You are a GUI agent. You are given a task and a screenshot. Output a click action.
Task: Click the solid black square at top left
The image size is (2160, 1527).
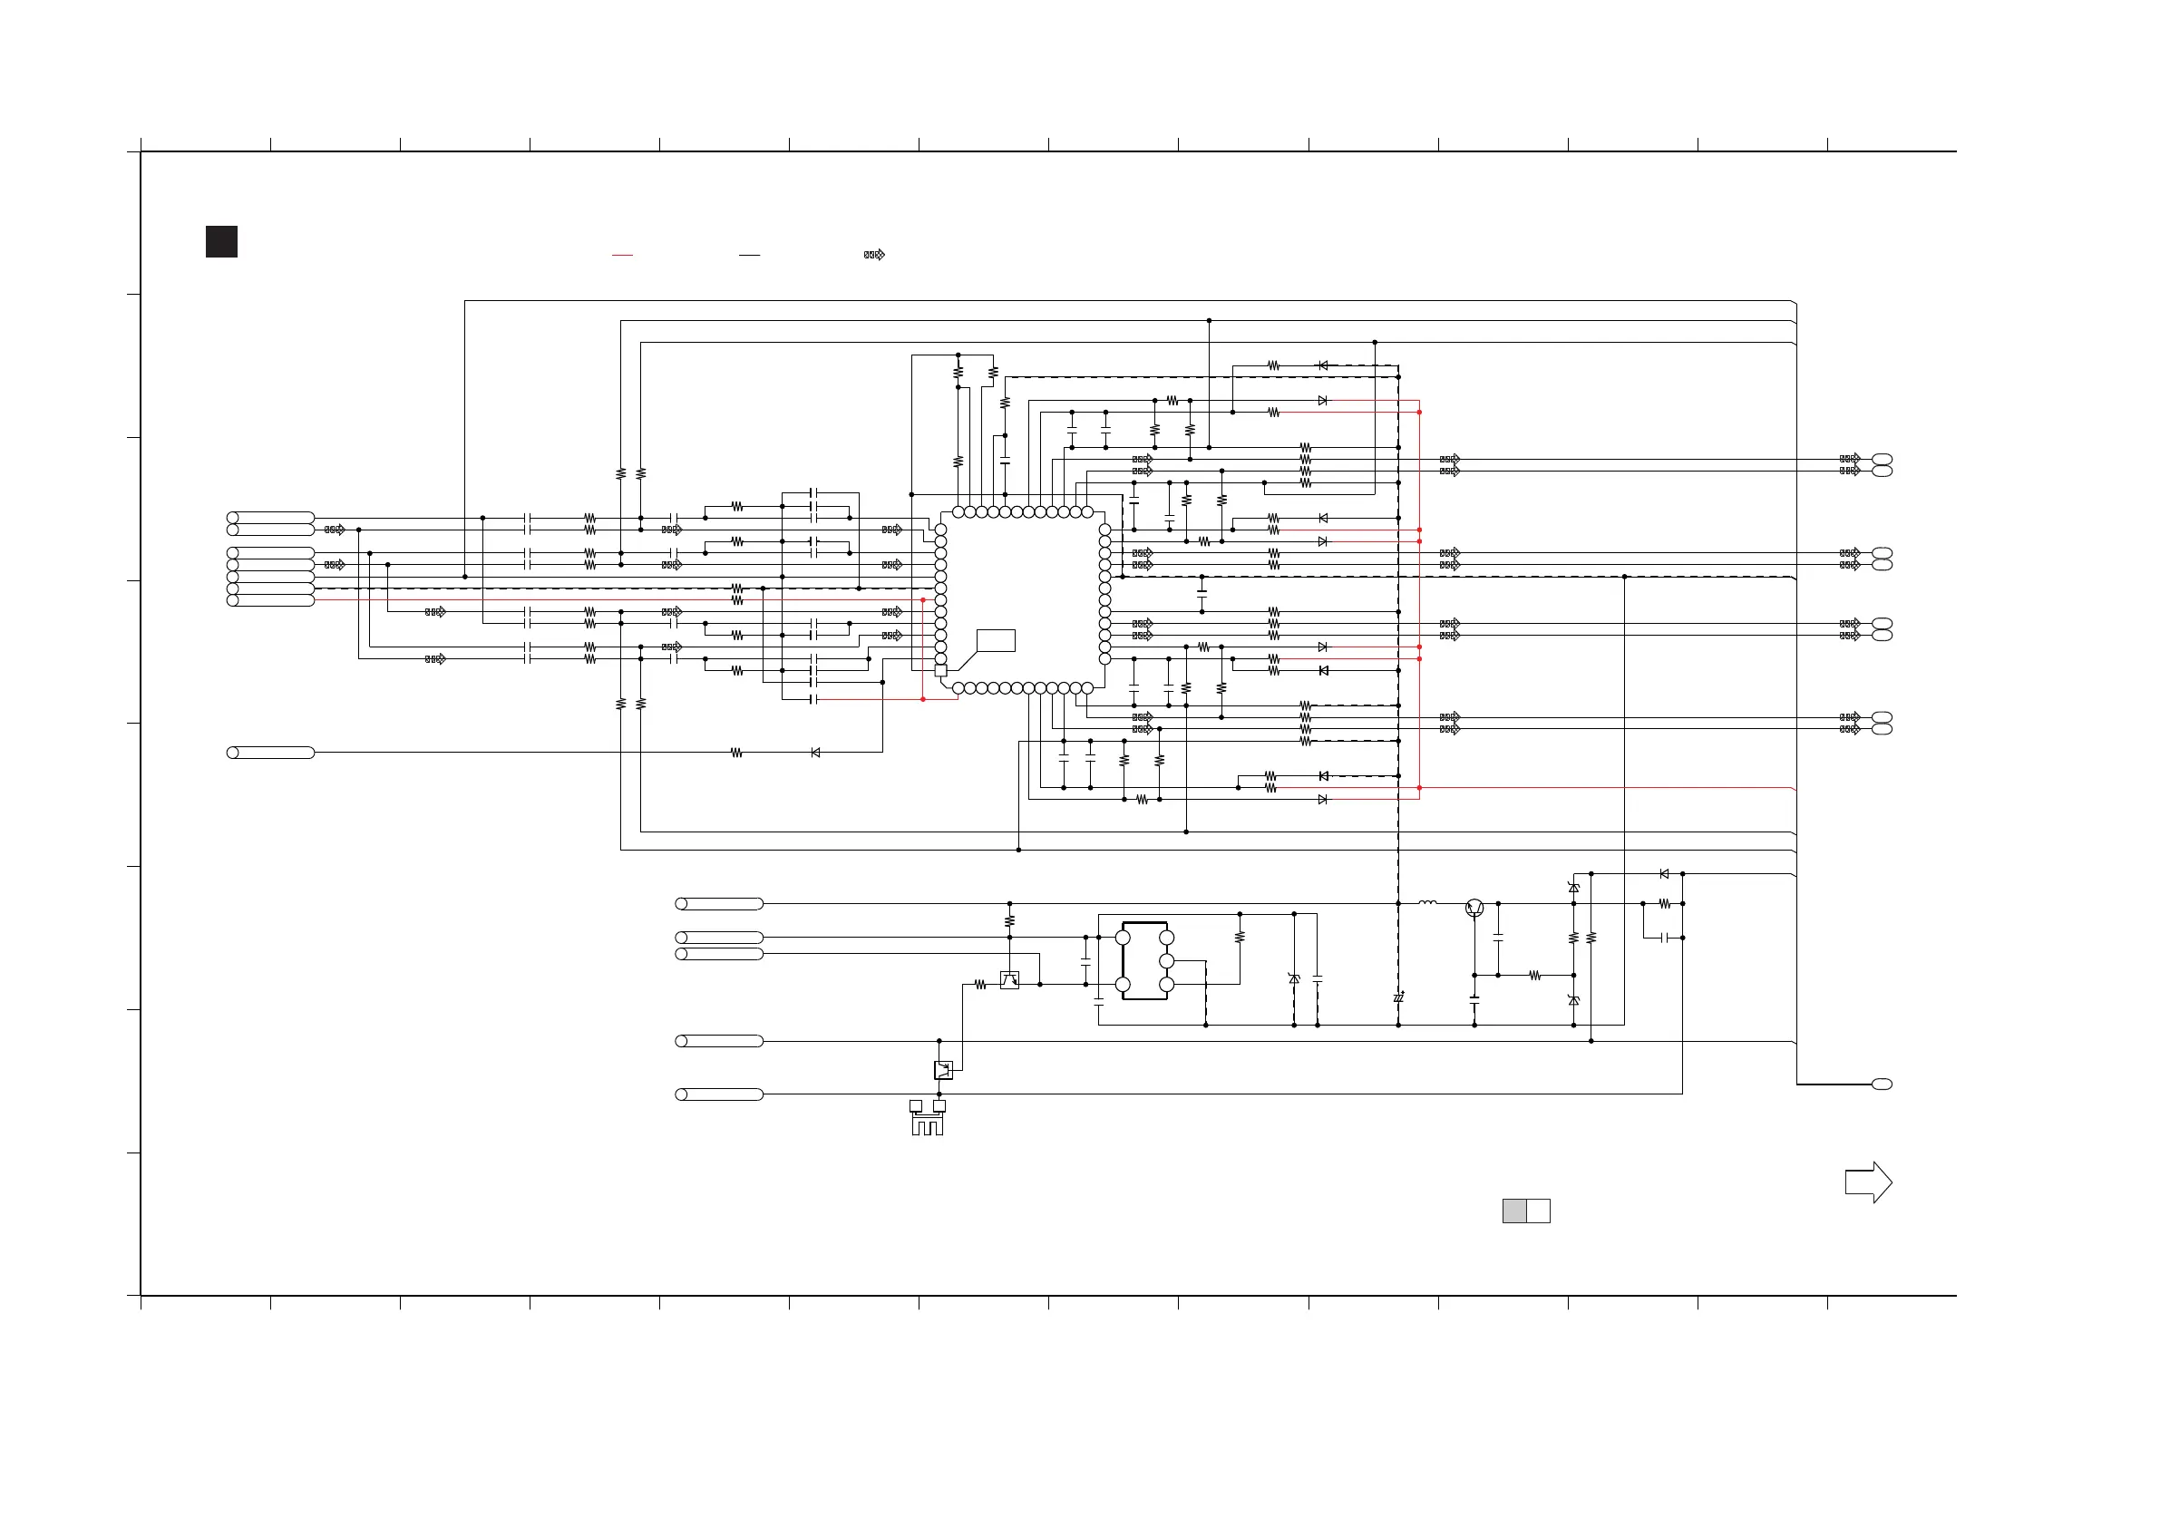click(x=221, y=242)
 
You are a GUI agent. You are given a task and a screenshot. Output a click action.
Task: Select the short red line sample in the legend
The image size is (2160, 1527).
click(x=622, y=255)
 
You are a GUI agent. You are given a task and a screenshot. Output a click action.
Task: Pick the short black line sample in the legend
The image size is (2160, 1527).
click(x=749, y=255)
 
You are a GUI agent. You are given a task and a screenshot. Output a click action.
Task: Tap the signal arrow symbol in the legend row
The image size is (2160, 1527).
click(x=874, y=255)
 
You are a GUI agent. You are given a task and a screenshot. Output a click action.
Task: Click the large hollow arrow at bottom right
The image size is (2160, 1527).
click(x=1867, y=1182)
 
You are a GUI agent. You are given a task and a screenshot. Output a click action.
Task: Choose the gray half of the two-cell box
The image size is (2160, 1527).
click(x=1513, y=1211)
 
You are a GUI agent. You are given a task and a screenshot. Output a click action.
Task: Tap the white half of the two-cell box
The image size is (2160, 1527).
click(x=1538, y=1211)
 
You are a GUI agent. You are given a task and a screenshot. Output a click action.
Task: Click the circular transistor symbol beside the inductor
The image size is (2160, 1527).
click(x=1474, y=908)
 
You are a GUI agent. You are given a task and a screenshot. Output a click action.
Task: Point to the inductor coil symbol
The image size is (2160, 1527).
click(x=1427, y=903)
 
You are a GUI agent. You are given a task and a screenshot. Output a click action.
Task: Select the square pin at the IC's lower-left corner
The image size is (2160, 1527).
click(x=939, y=671)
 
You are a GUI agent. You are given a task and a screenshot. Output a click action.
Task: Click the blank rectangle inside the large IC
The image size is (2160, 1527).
click(x=996, y=641)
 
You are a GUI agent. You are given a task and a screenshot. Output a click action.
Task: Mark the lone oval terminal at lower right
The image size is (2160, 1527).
click(x=1882, y=1084)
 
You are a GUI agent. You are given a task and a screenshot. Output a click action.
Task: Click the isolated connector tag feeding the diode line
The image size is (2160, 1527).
click(x=271, y=753)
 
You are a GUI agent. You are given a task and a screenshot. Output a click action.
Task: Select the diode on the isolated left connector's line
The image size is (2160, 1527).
click(x=814, y=753)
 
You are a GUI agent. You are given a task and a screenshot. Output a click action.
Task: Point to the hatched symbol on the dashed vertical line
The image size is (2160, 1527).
click(x=1398, y=997)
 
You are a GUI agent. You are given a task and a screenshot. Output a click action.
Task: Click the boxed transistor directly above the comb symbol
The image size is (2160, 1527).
click(x=943, y=1070)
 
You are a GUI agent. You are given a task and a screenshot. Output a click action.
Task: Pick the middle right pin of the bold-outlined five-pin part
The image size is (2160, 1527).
click(x=1166, y=960)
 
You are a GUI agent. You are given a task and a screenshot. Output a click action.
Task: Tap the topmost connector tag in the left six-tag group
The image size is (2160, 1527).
click(x=271, y=518)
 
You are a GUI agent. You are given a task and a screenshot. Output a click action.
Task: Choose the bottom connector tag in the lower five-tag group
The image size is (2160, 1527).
click(x=719, y=1094)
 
